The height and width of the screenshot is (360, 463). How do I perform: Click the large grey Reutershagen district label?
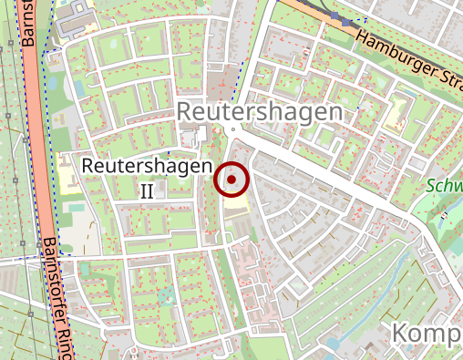tap(261, 111)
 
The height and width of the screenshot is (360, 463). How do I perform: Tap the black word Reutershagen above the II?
tap(147, 167)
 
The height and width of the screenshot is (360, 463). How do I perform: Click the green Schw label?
tap(445, 186)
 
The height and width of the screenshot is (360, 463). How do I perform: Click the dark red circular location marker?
tap(232, 180)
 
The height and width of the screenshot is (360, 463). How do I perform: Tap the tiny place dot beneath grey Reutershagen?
tap(232, 130)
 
